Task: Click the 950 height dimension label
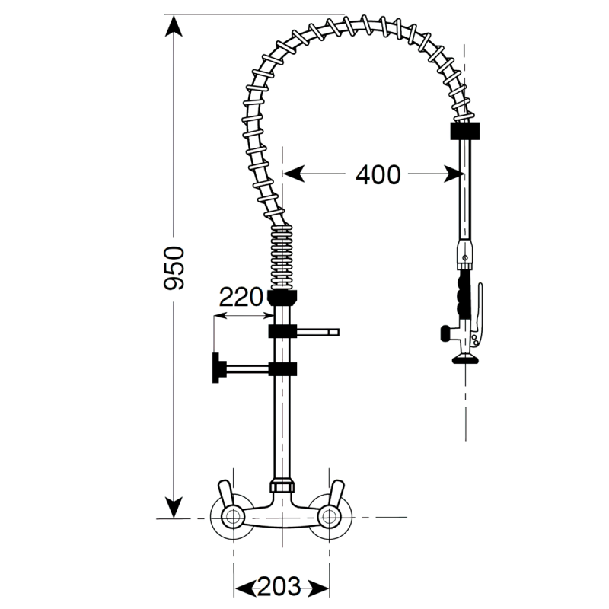175,268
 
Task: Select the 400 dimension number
378,175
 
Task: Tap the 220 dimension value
241,297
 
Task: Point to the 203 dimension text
282,587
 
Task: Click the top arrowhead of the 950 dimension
174,27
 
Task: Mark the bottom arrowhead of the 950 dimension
174,506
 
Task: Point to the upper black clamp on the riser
282,331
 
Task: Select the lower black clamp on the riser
282,371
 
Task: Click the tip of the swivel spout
333,332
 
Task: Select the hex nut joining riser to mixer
282,485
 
